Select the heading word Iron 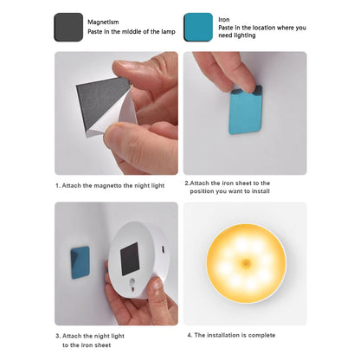pos(224,18)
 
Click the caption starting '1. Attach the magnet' pos(109,183)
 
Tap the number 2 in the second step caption pos(187,183)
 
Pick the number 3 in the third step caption pos(58,335)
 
